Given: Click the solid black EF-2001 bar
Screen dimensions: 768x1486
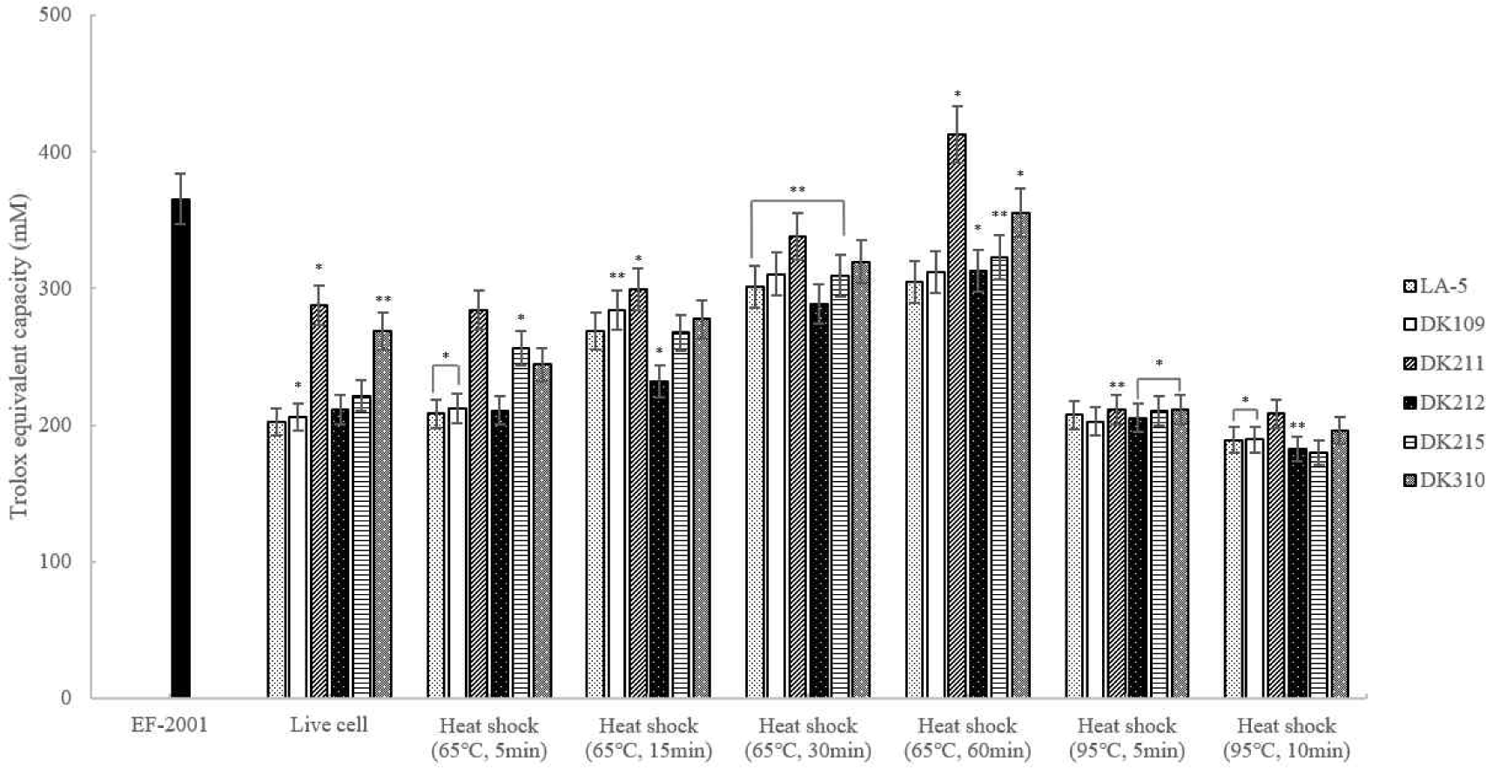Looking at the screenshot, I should [180, 448].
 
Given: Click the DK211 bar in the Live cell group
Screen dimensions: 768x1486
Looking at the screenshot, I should [319, 501].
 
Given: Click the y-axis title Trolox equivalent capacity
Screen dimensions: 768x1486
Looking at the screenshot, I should [18, 357].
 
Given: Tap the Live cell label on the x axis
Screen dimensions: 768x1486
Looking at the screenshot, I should [328, 725].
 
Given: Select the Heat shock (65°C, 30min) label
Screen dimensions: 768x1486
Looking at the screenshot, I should [808, 738].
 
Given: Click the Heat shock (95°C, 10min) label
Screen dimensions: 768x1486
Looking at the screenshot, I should [1287, 738].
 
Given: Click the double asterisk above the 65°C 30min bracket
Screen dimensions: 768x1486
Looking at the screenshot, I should [797, 190].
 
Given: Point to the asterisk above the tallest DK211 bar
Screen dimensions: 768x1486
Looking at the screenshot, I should [958, 95].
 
